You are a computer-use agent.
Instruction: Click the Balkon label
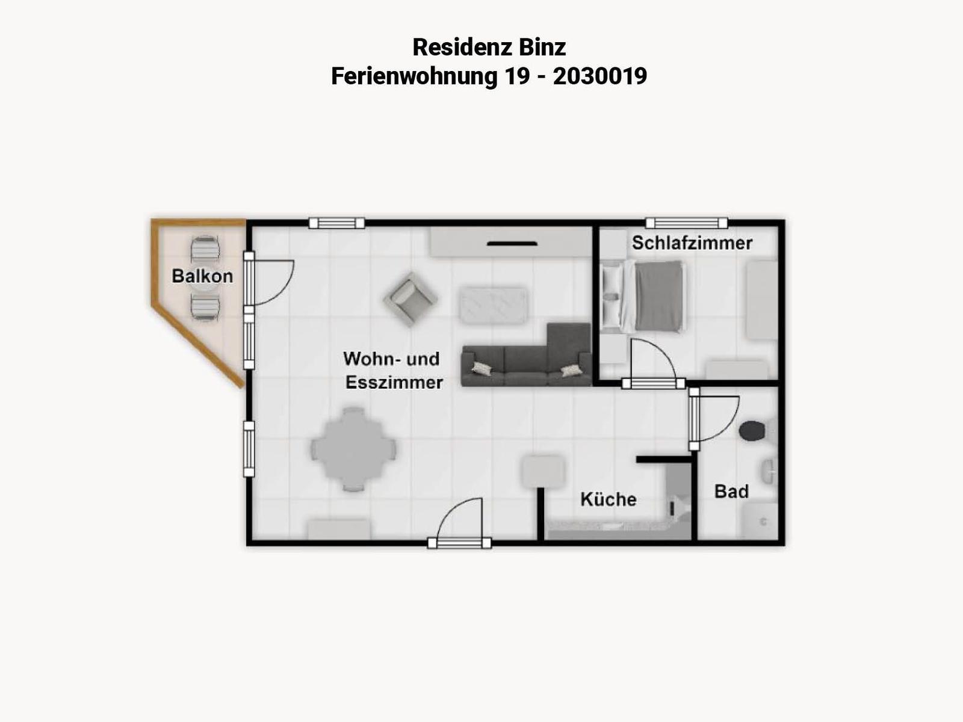pyautogui.click(x=202, y=276)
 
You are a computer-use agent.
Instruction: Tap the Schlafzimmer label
pyautogui.click(x=692, y=243)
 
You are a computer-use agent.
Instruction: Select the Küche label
pyautogui.click(x=608, y=499)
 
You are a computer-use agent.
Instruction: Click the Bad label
pyautogui.click(x=731, y=492)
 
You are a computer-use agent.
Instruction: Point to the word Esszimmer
pyautogui.click(x=394, y=382)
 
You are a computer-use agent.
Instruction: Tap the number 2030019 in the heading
pyautogui.click(x=599, y=76)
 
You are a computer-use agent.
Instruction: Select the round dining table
pyautogui.click(x=354, y=449)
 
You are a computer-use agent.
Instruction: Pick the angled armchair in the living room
pyautogui.click(x=410, y=300)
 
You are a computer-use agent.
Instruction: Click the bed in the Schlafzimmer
pyautogui.click(x=643, y=296)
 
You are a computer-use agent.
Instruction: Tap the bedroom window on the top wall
pyautogui.click(x=687, y=223)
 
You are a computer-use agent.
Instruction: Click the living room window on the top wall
pyautogui.click(x=336, y=223)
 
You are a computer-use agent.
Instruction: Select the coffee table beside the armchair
pyautogui.click(x=493, y=305)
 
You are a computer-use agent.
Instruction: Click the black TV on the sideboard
pyautogui.click(x=512, y=244)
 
